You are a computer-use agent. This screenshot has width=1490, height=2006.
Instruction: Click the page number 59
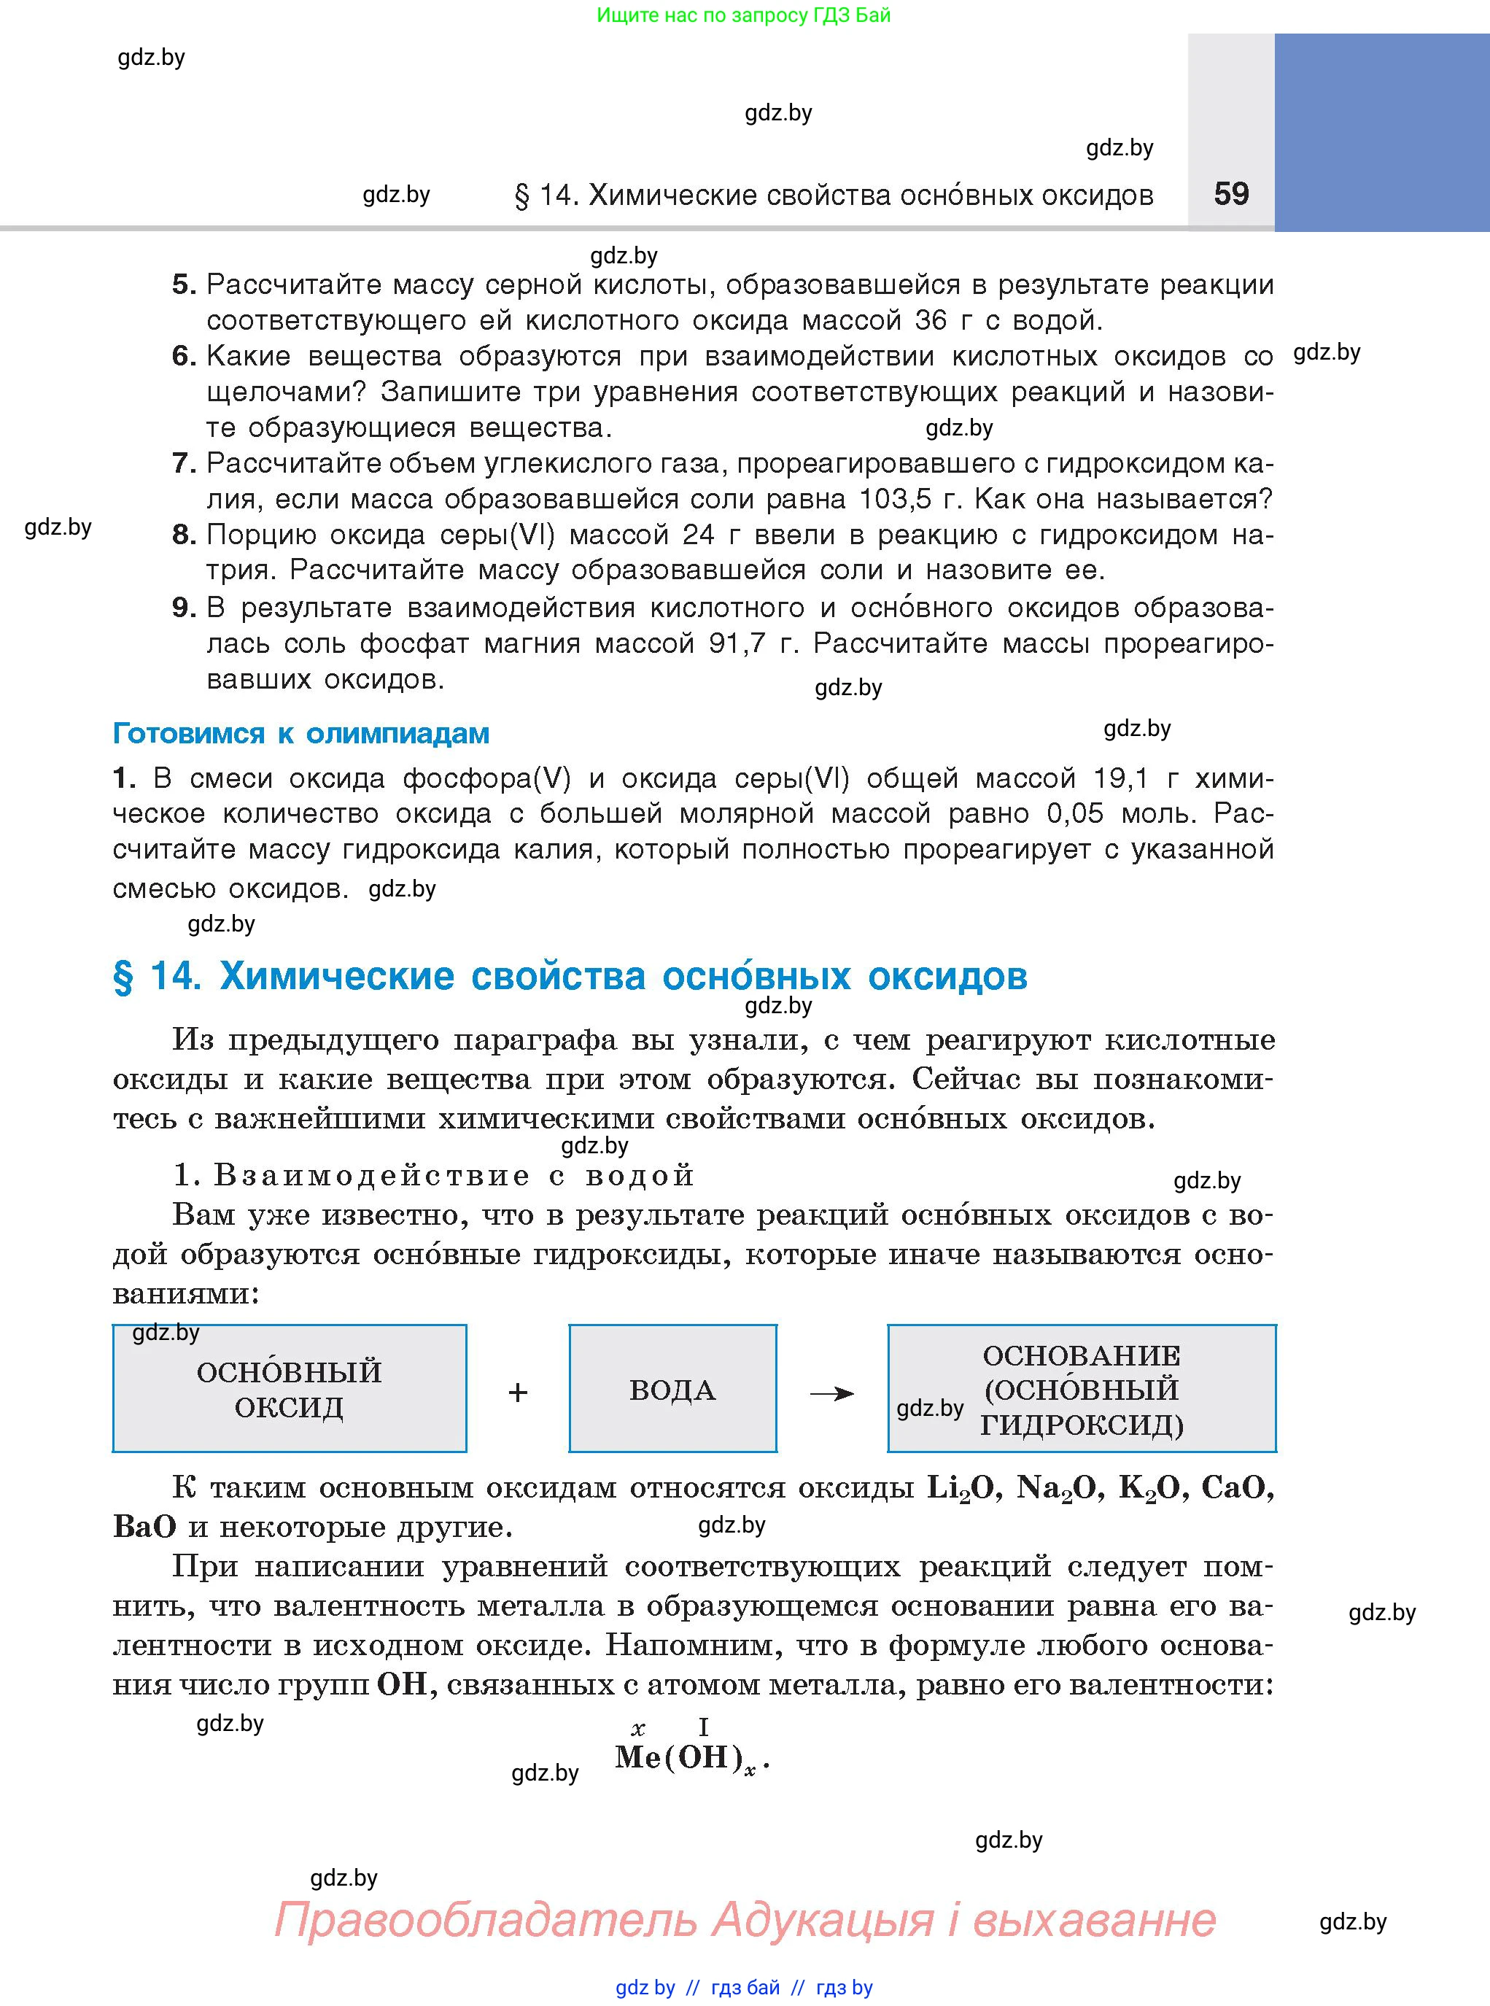tap(1231, 194)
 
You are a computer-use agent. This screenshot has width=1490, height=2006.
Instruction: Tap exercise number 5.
tap(183, 285)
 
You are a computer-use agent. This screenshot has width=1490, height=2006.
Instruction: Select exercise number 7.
tap(183, 464)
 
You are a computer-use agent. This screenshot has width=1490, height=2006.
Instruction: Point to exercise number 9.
tap(183, 608)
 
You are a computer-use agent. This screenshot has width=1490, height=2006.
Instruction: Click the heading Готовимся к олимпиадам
tap(300, 733)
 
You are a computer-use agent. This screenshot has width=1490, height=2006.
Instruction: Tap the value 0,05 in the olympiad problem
tap(1074, 813)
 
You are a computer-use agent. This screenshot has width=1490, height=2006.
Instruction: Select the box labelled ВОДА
tap(672, 1390)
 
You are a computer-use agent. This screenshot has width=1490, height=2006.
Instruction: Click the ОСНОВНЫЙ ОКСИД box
tap(289, 1390)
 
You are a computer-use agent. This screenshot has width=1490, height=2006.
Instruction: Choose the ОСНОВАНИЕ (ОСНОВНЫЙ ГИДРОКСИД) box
tap(1082, 1390)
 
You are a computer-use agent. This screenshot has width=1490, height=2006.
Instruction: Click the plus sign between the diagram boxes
tap(518, 1393)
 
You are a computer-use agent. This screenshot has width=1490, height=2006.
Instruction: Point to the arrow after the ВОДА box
tap(831, 1393)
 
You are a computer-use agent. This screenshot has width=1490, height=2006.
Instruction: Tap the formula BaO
tap(144, 1527)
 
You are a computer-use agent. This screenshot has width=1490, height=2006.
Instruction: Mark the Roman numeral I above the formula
tap(704, 1727)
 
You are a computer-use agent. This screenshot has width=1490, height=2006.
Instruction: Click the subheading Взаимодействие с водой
tap(434, 1175)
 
